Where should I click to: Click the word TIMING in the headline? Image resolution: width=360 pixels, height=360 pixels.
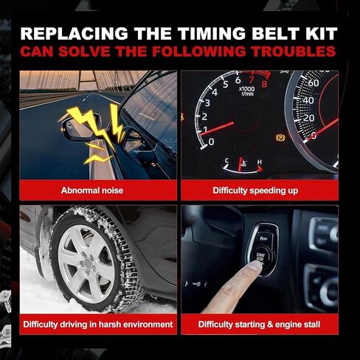212,33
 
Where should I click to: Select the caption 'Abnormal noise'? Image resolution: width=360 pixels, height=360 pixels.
92,190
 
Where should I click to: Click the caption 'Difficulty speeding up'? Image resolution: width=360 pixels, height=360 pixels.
255,190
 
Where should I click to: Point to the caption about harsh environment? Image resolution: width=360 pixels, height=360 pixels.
98,325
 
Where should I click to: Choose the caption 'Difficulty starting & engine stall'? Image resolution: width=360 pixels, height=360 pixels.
259,325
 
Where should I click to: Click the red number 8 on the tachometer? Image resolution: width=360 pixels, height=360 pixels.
264,84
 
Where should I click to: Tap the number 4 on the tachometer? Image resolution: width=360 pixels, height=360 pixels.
215,92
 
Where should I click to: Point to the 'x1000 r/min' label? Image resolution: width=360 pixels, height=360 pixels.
247,91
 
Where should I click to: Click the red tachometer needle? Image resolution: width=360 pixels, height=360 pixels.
217,128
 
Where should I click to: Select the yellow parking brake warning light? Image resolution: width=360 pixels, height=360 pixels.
280,138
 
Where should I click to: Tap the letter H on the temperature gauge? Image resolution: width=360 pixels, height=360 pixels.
260,162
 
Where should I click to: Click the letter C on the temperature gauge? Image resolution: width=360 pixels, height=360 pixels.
227,161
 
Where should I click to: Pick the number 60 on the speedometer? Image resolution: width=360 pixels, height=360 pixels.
314,83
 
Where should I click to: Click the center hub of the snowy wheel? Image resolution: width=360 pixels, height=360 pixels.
87,263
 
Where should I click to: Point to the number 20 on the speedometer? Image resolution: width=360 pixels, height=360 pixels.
308,118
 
